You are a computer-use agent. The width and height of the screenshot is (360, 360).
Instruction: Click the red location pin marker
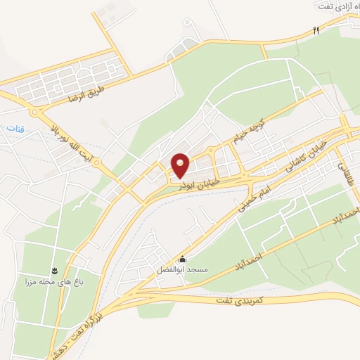tap(180, 165)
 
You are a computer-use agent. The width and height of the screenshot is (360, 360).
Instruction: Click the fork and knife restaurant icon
tap(316, 30)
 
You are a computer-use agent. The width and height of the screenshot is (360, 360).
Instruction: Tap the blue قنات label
tap(15, 129)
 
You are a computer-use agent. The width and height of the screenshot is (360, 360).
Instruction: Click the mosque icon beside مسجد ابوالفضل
tap(183, 258)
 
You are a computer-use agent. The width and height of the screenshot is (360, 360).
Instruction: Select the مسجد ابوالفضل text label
tap(179, 269)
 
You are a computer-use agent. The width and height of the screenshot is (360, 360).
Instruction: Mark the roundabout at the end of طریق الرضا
tap(34, 112)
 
